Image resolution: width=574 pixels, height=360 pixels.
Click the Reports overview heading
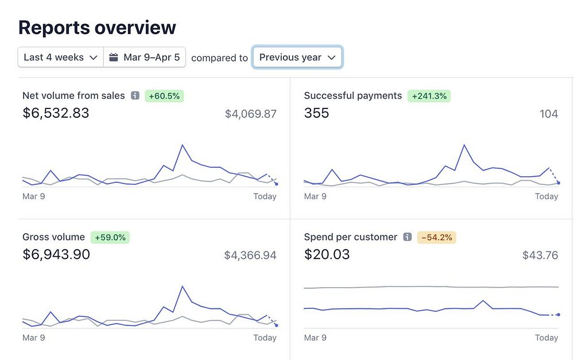click(x=97, y=27)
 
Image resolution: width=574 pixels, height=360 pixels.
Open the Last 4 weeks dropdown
click(x=61, y=57)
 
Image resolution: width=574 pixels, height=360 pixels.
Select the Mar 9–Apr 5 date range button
click(x=145, y=57)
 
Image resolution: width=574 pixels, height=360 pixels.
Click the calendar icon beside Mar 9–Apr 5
click(x=114, y=57)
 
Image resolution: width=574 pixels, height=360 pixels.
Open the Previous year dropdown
click(x=297, y=57)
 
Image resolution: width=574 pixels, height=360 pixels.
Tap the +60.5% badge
click(x=164, y=96)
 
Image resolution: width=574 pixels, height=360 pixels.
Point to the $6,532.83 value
click(x=56, y=113)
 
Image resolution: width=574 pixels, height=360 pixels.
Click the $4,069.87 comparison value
click(x=251, y=114)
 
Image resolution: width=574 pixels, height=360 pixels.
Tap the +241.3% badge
click(x=429, y=96)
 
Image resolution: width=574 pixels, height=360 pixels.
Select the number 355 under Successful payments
click(x=317, y=113)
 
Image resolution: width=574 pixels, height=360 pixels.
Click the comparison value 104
click(x=549, y=114)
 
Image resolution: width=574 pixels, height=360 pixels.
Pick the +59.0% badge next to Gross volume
click(x=110, y=237)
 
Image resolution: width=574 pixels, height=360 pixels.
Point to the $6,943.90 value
click(x=56, y=254)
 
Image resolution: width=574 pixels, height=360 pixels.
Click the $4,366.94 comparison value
click(x=250, y=255)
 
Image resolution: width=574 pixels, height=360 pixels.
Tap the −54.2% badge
click(x=437, y=237)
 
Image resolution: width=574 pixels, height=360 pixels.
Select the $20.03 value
click(x=327, y=254)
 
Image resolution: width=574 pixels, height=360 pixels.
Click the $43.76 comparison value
click(x=540, y=255)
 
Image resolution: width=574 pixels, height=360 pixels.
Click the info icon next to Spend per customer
click(x=408, y=237)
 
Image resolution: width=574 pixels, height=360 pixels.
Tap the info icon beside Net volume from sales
click(x=135, y=96)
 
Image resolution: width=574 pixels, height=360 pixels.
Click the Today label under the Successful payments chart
click(x=546, y=196)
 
